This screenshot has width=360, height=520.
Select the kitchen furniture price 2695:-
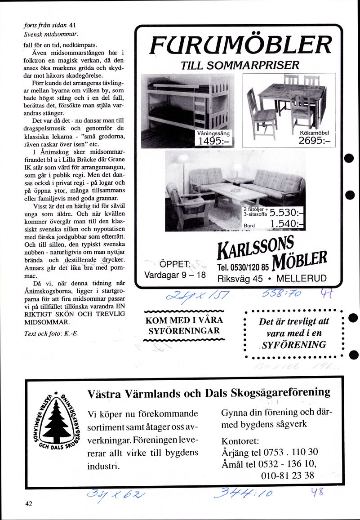tap(314, 141)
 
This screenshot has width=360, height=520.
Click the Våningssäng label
tap(213, 133)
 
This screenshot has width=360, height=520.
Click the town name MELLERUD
tap(301, 278)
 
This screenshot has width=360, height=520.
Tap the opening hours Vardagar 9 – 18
tap(175, 275)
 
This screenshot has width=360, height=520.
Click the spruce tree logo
tap(56, 420)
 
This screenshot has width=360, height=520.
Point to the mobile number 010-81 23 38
tap(287, 475)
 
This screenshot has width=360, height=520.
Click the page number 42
tap(29, 504)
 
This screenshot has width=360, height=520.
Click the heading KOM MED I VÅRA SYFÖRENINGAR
tap(185, 326)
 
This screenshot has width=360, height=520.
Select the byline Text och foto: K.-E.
tap(51, 333)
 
